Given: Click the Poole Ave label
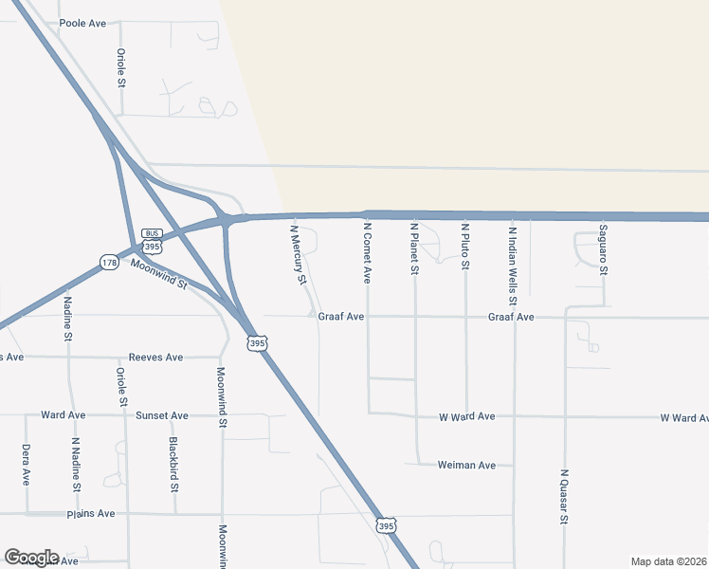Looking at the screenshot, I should pos(82,23).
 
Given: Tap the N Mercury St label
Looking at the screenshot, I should pos(298,254).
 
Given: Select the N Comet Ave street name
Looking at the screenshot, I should pos(367,253).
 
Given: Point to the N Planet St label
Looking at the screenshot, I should pos(414,249).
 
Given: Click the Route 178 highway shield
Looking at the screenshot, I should pos(109,261).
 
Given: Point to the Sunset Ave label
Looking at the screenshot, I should pos(162,415).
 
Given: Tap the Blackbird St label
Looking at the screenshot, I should pos(174,464).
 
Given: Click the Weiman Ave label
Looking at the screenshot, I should pos(466,465).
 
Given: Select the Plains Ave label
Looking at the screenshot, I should pos(91,513).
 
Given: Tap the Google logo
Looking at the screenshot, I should pos(31,558).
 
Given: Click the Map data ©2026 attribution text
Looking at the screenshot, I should pos(668,561).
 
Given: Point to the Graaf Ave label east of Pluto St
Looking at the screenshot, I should pos(512,317).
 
